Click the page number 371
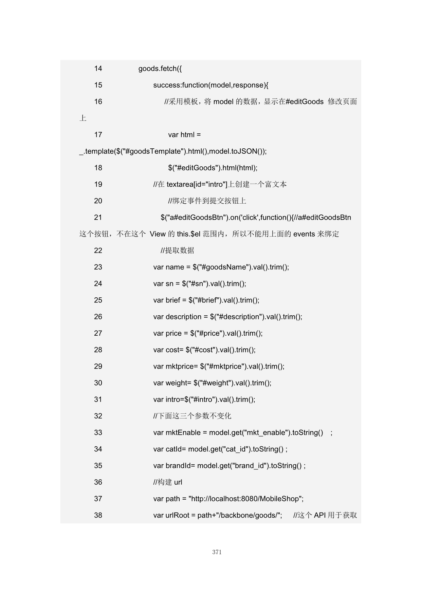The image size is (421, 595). click(x=217, y=552)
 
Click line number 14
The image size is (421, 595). click(x=98, y=69)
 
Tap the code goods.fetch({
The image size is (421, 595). click(x=160, y=69)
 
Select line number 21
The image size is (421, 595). click(x=98, y=218)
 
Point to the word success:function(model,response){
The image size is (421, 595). click(x=210, y=85)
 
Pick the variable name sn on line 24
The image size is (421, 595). click(x=169, y=284)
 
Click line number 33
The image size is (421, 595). click(x=98, y=433)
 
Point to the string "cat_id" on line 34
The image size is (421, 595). click(x=236, y=449)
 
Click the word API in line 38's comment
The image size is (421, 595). click(x=319, y=515)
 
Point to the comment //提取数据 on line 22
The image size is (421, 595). click(x=177, y=250)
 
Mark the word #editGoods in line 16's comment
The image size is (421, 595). click(x=305, y=102)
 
